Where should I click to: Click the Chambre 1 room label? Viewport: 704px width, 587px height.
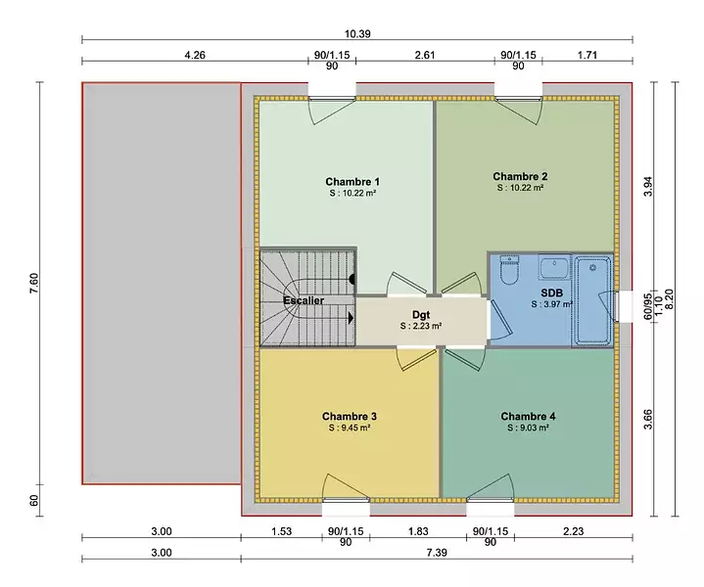[x=352, y=182]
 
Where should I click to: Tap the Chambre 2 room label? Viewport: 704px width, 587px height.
[x=520, y=176]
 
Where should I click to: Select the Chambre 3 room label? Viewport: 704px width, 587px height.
[x=350, y=417]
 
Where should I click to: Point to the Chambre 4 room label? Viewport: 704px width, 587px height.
[x=528, y=417]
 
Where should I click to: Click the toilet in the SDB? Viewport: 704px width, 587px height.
[x=509, y=270]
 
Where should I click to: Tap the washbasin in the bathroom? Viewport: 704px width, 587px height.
[x=554, y=268]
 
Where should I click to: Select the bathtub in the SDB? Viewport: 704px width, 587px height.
[x=592, y=300]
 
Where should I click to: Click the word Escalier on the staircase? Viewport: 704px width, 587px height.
[x=304, y=300]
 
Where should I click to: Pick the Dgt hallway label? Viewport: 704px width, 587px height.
[x=421, y=315]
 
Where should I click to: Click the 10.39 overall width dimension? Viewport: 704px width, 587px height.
[x=357, y=34]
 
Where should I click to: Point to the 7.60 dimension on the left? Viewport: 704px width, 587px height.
[x=34, y=284]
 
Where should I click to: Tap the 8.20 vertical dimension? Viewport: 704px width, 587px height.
[x=669, y=298]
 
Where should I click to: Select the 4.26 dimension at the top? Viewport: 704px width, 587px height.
[x=195, y=55]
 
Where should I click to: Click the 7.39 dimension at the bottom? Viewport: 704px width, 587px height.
[x=437, y=553]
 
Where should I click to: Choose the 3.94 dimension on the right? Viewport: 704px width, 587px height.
[x=648, y=187]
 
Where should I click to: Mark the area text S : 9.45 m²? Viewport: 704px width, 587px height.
[x=350, y=429]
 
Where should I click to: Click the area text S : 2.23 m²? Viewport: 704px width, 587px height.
[x=421, y=326]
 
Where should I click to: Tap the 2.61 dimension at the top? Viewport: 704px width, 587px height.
[x=425, y=55]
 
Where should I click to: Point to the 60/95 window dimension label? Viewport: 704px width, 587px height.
[x=648, y=307]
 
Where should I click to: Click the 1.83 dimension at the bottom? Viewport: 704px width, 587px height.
[x=418, y=531]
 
